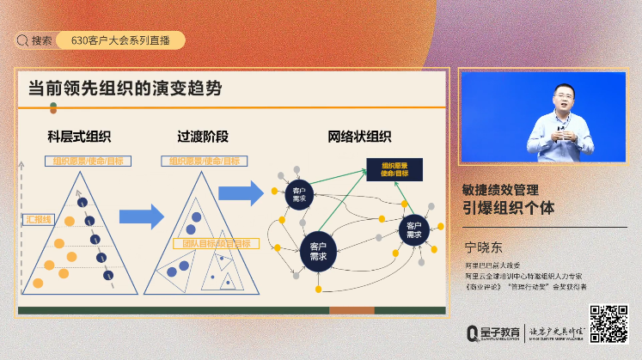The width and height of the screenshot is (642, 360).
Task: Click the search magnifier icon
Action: pyautogui.click(x=22, y=40)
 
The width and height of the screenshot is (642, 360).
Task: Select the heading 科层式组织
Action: pyautogui.click(x=79, y=136)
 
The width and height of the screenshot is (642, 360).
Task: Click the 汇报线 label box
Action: pyautogui.click(x=38, y=221)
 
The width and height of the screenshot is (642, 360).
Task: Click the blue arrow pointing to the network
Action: pyautogui.click(x=240, y=192)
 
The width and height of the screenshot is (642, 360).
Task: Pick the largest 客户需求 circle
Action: pyautogui.click(x=317, y=252)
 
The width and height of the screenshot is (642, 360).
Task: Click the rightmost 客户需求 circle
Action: pyautogui.click(x=413, y=229)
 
